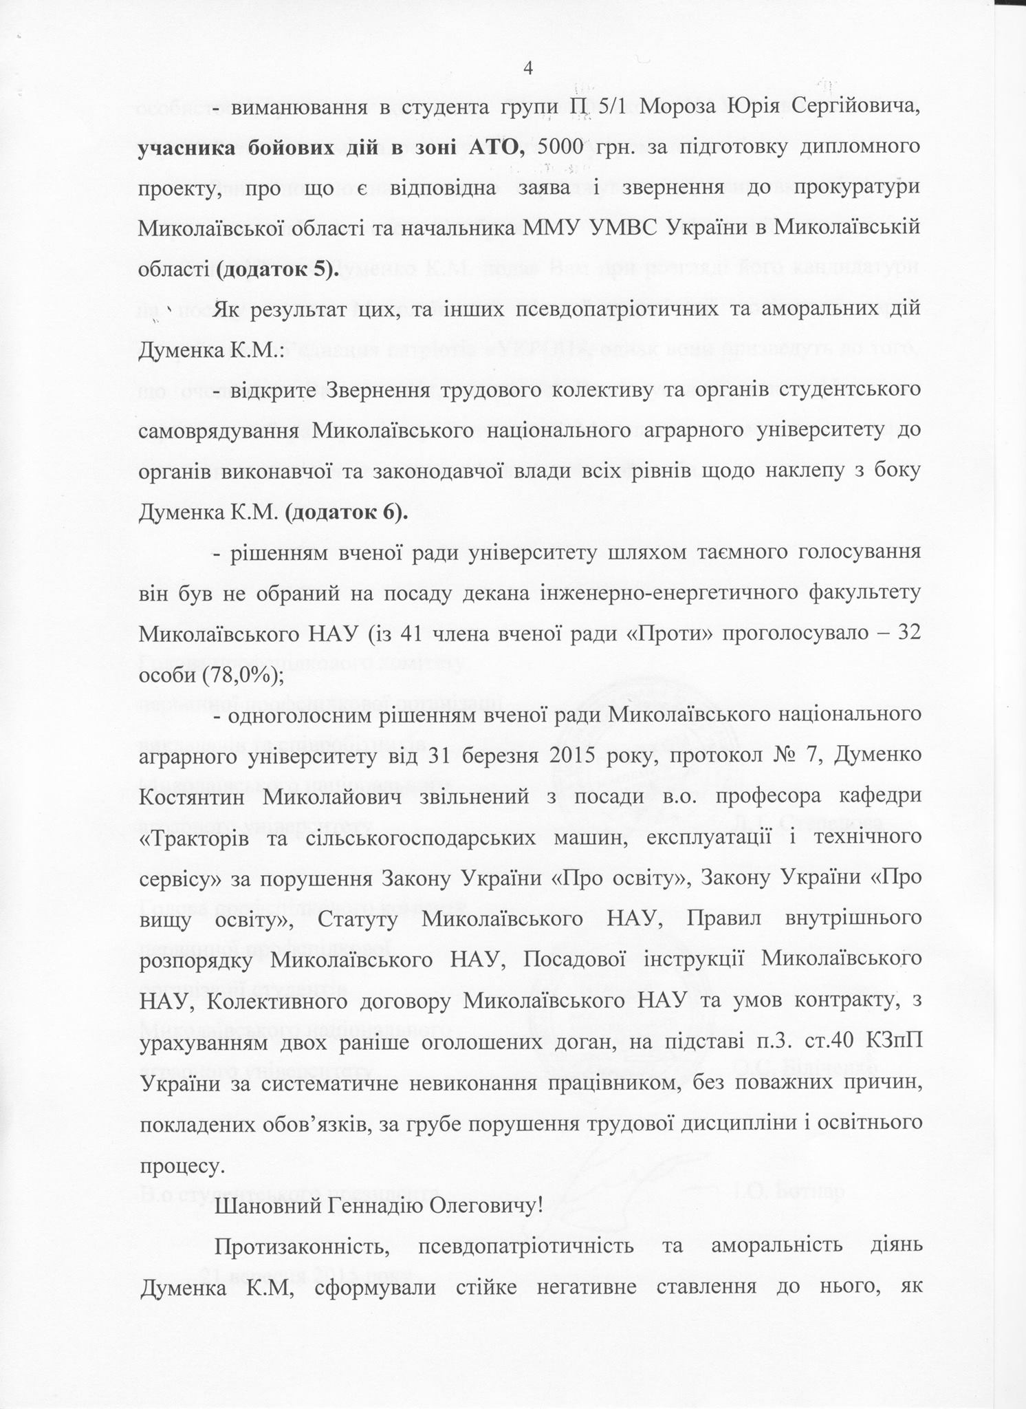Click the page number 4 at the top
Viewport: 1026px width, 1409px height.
pyautogui.click(x=528, y=68)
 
